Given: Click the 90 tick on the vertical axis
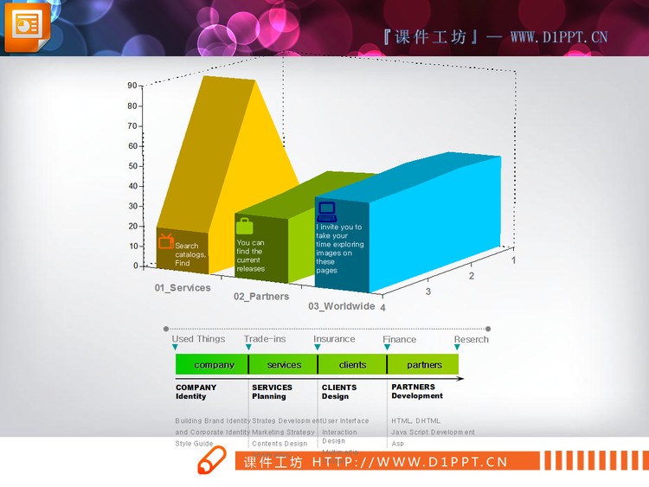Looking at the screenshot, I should [132, 86].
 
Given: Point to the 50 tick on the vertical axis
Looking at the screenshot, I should [132, 166].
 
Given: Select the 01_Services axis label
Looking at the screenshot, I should [183, 287].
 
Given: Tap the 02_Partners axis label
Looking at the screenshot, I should [261, 296].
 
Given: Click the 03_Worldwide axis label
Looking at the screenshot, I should [342, 306].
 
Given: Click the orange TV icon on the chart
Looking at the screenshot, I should [166, 240].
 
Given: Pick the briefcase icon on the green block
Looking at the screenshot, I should [245, 226].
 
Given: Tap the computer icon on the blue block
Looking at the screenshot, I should [326, 211].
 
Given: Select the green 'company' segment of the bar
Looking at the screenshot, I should [212, 364].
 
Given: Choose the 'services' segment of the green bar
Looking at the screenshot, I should [284, 364].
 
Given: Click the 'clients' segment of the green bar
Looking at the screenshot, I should [352, 364].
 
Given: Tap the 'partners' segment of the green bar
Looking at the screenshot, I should [424, 364].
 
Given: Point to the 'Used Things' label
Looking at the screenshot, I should [198, 339].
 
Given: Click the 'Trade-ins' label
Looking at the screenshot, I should [265, 339].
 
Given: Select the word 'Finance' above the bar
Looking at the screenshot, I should [400, 339].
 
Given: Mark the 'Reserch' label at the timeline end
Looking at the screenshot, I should [472, 339].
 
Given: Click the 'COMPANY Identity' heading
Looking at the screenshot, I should [196, 392].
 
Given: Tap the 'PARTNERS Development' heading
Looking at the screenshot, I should [417, 391].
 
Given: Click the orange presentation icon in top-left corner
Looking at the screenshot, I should [28, 26].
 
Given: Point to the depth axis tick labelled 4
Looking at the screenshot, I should [382, 307].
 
